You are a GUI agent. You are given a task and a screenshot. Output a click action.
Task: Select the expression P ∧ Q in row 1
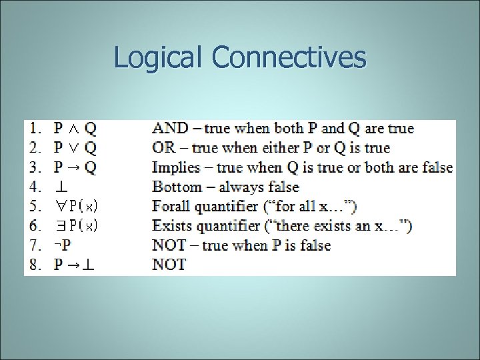click(75, 128)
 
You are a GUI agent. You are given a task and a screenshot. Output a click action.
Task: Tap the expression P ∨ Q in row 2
click(75, 147)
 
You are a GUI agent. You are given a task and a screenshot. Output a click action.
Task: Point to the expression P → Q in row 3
click(75, 167)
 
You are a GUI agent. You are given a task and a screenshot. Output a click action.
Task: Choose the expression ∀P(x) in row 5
click(77, 207)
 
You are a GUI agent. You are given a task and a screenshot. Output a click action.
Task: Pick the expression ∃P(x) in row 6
click(77, 226)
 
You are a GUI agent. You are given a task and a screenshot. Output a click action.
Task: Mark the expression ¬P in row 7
click(63, 245)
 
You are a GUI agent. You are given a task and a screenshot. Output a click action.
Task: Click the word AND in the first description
click(169, 128)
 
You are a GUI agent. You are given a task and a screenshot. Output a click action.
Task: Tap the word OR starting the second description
click(164, 147)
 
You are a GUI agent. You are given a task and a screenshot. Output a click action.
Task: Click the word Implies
click(176, 167)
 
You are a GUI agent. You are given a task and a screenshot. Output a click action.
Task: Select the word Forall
click(171, 207)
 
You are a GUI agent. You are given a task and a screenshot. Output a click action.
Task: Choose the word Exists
click(171, 226)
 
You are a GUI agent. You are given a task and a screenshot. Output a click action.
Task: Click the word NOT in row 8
click(169, 265)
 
